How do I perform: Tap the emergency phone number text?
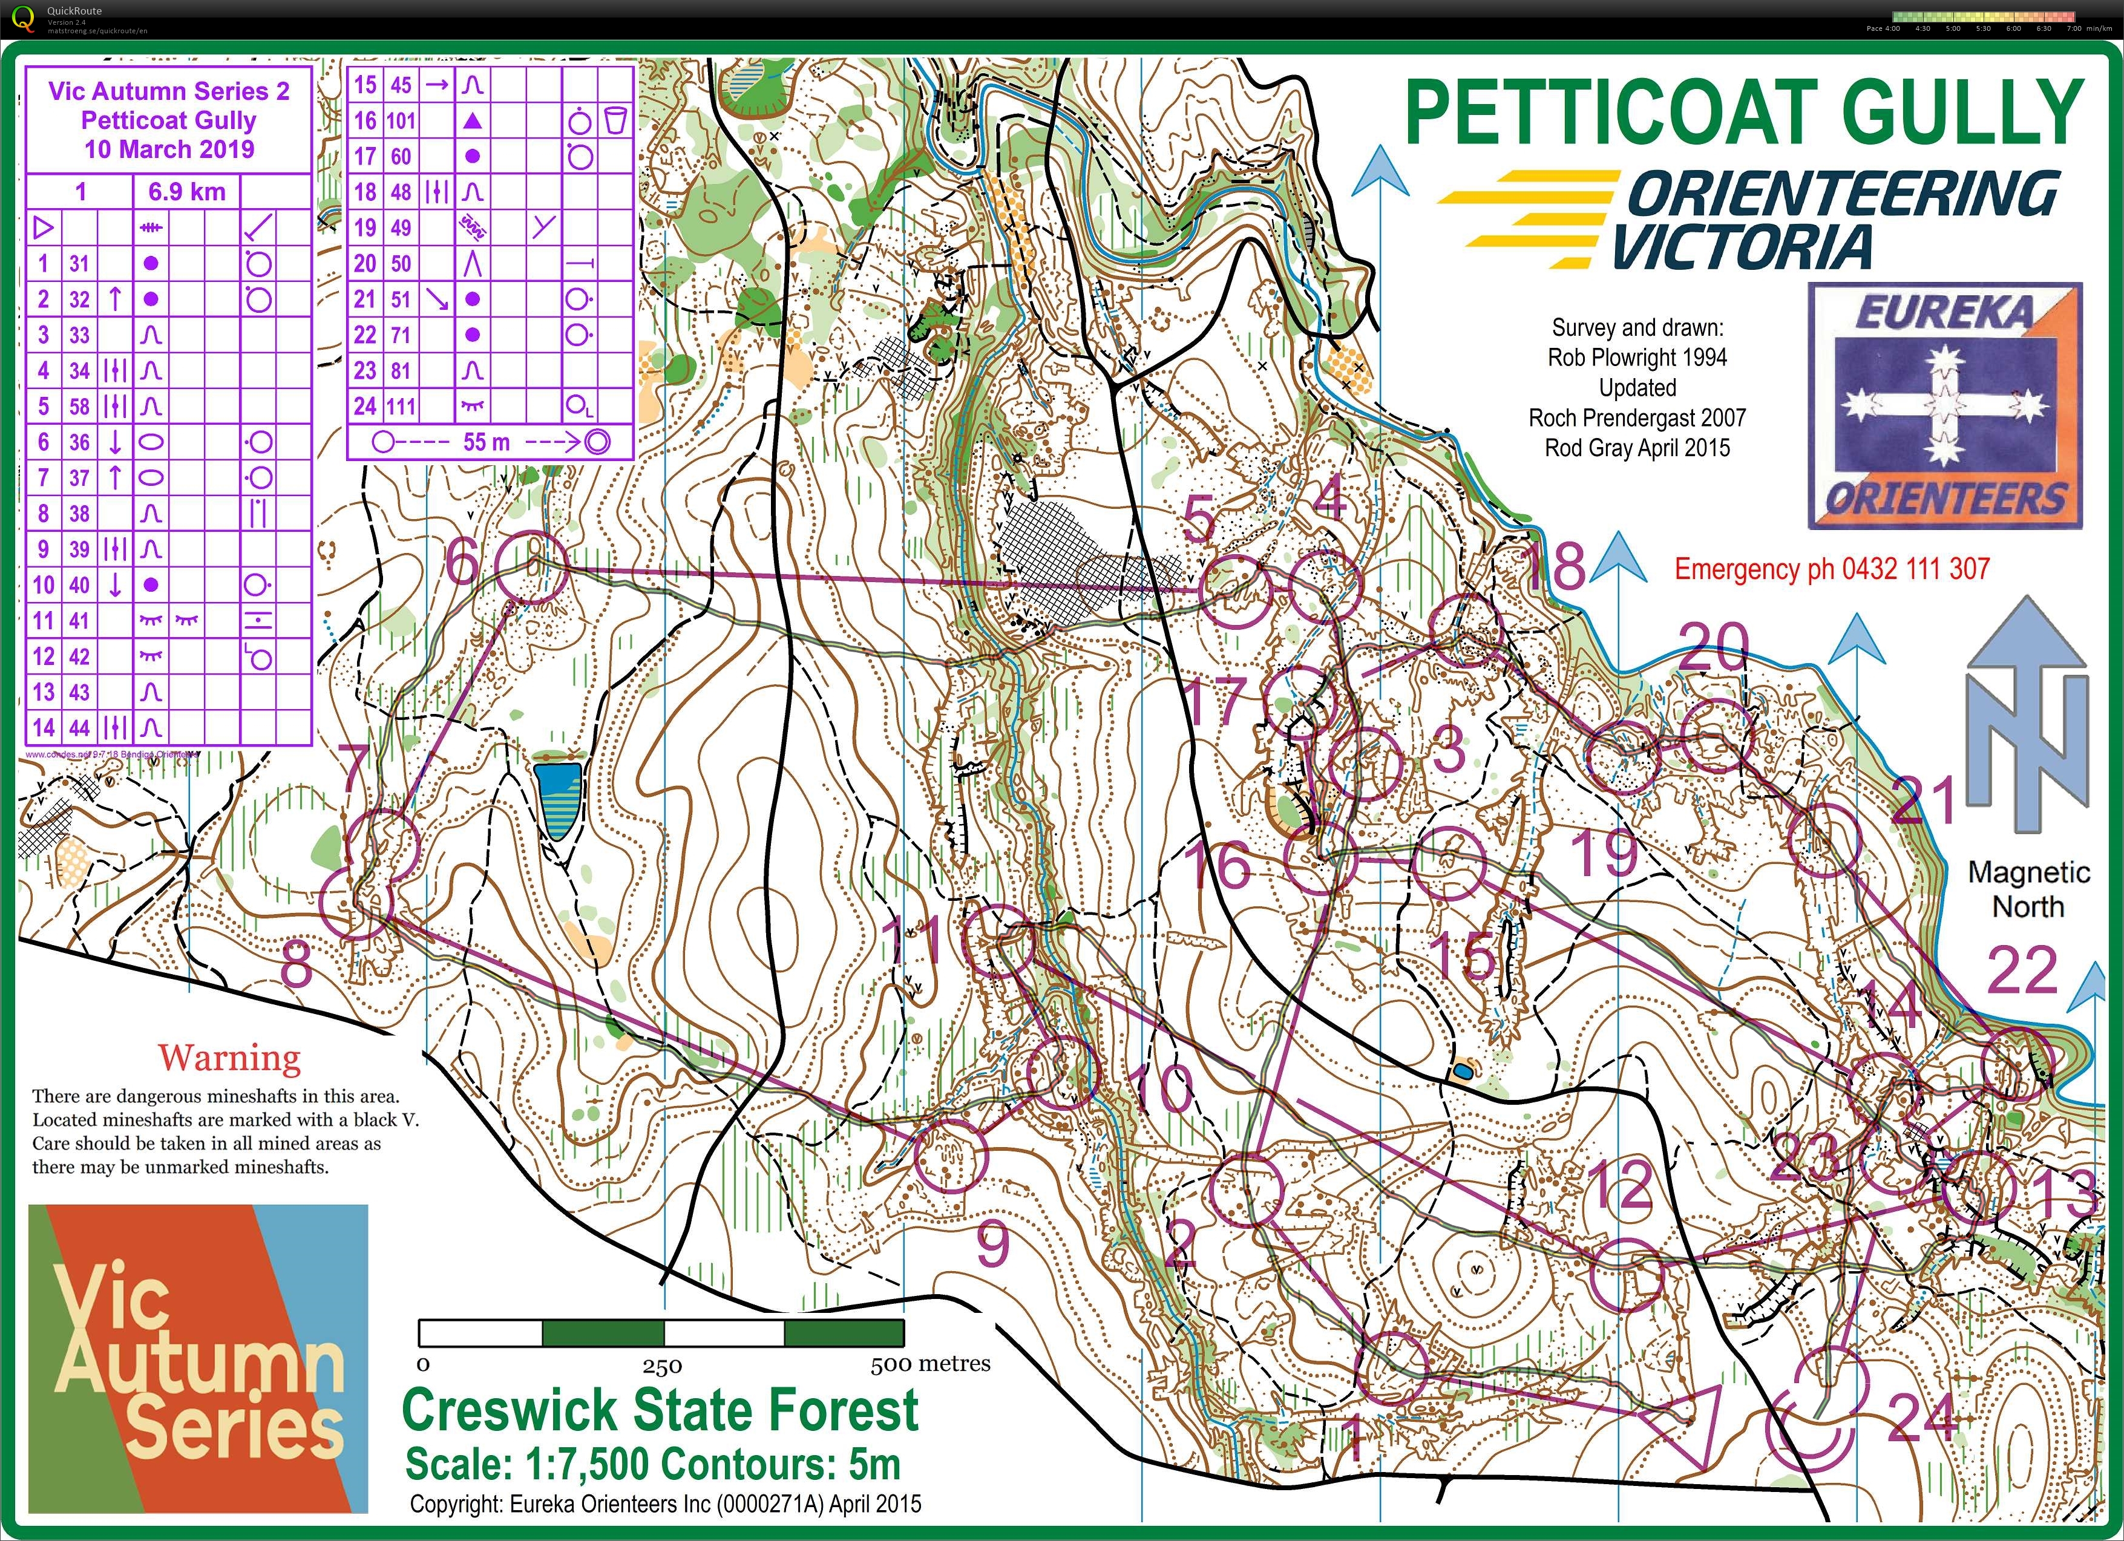point(1832,568)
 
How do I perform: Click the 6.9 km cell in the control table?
point(186,192)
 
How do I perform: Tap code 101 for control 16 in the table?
point(401,121)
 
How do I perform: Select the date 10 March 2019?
point(169,149)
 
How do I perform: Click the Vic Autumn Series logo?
point(198,1358)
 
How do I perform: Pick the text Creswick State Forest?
point(660,1409)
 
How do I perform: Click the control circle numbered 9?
point(951,1157)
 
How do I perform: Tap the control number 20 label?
point(1713,646)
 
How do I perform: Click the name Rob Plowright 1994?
point(1637,358)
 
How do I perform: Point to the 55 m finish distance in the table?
point(486,442)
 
